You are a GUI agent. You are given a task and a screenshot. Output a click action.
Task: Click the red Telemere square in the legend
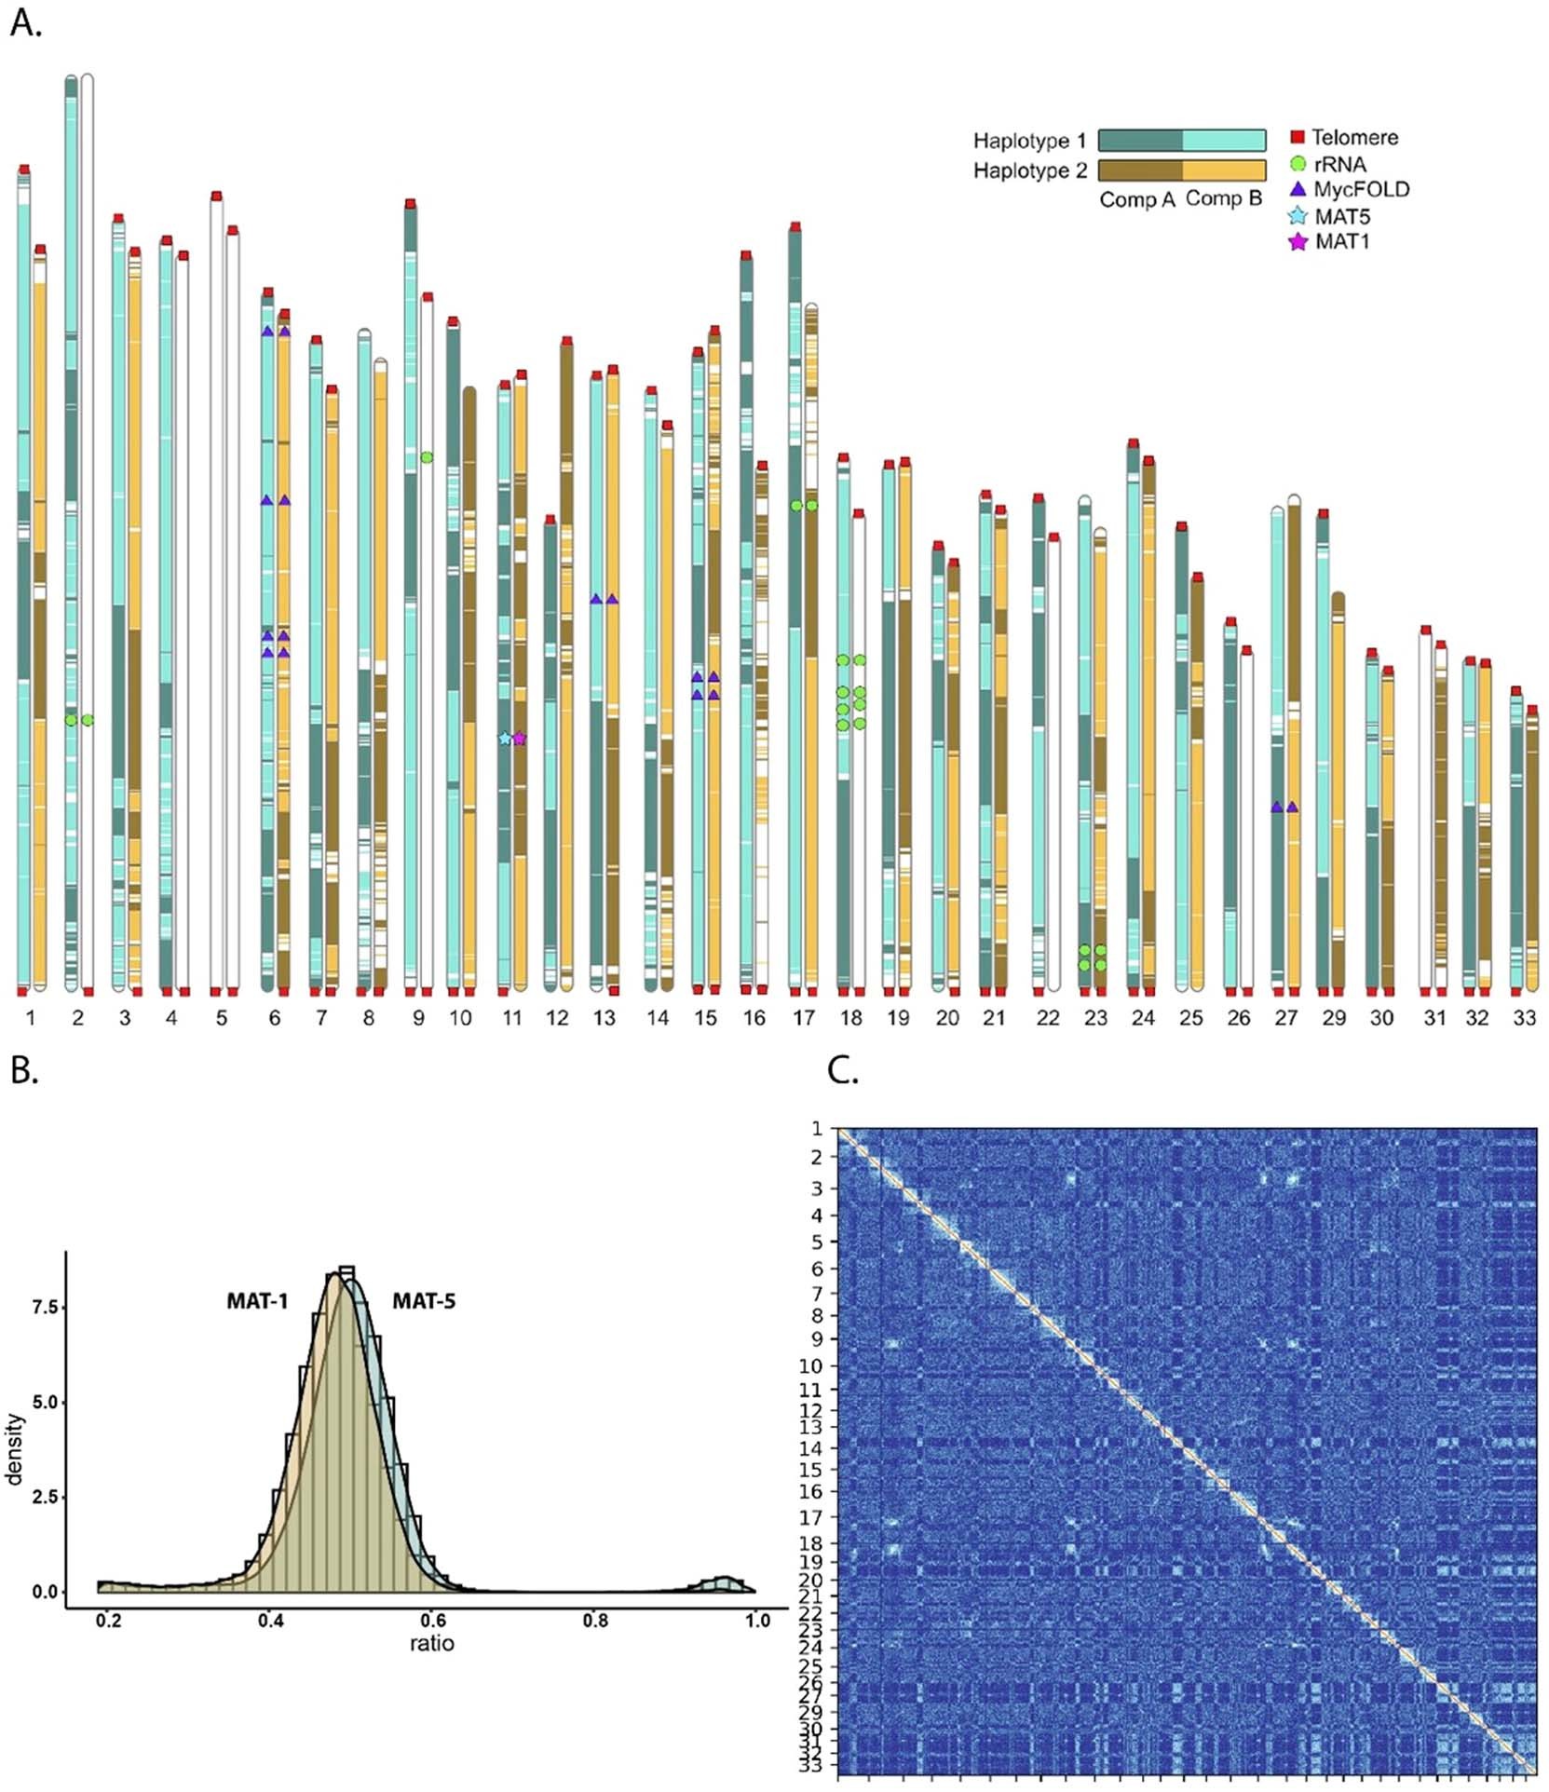[1297, 137]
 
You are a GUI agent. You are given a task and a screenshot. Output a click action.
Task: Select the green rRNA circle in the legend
[1298, 164]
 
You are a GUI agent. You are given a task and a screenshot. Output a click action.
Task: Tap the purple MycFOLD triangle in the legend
[1298, 189]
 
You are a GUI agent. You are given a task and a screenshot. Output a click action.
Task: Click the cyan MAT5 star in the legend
[1298, 217]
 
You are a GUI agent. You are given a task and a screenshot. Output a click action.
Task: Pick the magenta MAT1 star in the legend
[1298, 242]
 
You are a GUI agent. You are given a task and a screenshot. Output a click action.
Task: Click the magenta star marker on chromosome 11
[520, 739]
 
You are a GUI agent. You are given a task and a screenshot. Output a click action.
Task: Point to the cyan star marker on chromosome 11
[505, 739]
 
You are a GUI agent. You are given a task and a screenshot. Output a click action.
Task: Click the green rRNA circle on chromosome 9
[427, 457]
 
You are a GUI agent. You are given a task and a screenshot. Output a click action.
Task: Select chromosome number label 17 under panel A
[803, 1018]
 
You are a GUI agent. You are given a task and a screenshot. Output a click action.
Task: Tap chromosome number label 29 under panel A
[1334, 1018]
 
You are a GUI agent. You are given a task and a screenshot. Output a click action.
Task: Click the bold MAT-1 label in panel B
[257, 1301]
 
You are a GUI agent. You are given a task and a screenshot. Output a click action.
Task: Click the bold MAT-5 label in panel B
[424, 1301]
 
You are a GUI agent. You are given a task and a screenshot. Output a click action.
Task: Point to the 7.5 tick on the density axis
[45, 1308]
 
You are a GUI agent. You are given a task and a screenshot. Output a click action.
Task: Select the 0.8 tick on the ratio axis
[595, 1621]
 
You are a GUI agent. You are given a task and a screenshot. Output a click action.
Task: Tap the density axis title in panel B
[14, 1448]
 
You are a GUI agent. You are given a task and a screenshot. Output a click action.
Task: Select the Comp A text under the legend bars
[1136, 200]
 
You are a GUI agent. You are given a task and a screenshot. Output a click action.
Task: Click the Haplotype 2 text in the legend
[1029, 170]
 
